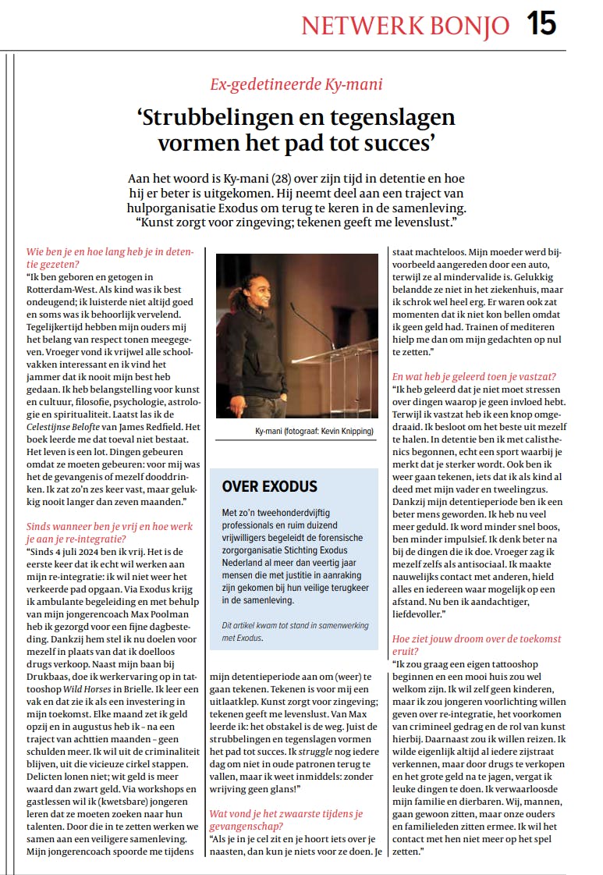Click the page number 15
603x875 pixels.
[541, 24]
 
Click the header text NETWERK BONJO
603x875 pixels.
[405, 27]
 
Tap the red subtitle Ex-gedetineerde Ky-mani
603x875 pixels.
[296, 84]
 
